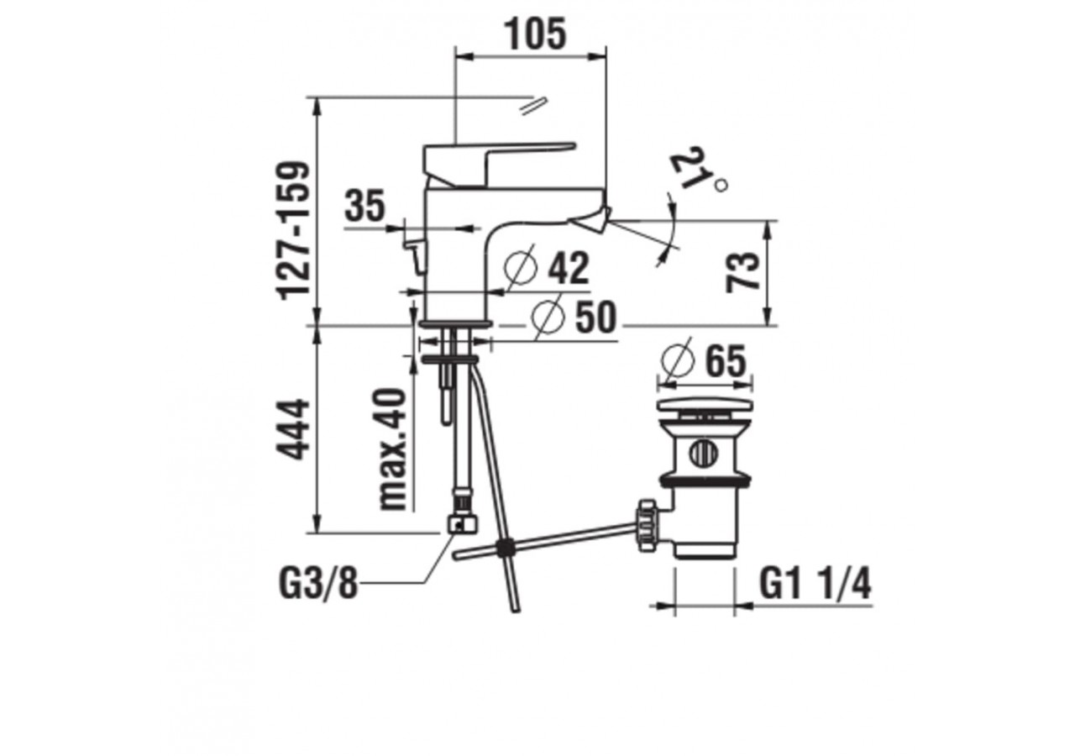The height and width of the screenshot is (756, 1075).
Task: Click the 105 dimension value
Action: click(x=535, y=34)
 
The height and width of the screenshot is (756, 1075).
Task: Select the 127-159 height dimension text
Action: click(x=295, y=229)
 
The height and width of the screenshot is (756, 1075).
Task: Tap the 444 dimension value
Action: click(x=295, y=429)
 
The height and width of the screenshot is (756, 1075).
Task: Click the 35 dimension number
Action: click(x=364, y=207)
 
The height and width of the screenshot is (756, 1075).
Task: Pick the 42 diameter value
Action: click(x=569, y=269)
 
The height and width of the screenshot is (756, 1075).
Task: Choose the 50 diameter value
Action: click(x=595, y=318)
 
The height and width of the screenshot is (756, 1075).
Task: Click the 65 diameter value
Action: click(x=725, y=362)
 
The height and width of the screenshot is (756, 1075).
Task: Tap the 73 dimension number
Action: click(x=744, y=271)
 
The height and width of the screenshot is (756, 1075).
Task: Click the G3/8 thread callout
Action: click(x=317, y=583)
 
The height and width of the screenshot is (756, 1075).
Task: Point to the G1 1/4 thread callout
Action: click(x=815, y=583)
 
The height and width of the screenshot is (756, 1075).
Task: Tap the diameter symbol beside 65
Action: click(x=678, y=361)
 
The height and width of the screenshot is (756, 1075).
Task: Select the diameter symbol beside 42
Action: click(x=521, y=269)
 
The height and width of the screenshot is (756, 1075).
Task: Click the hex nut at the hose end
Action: click(x=463, y=522)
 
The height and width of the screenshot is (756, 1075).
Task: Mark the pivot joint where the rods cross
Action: click(x=505, y=549)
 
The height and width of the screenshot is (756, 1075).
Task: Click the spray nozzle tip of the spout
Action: click(x=590, y=220)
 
